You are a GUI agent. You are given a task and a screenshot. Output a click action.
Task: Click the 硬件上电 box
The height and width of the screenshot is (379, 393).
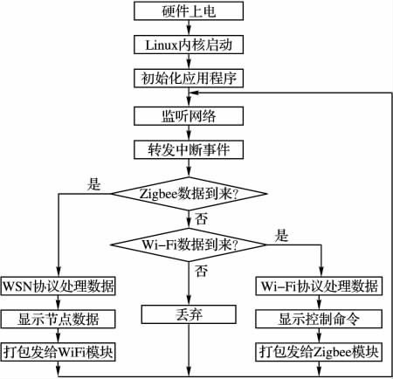pos(189,11)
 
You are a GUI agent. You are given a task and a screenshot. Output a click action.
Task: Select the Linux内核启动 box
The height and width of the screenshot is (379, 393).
pos(189,45)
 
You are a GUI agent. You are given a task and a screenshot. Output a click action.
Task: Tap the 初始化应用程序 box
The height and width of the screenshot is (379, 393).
pos(189,78)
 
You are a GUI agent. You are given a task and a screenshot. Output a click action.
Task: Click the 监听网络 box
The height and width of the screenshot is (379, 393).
pos(189,116)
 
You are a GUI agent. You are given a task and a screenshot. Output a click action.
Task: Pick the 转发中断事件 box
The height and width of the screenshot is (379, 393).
pos(189,149)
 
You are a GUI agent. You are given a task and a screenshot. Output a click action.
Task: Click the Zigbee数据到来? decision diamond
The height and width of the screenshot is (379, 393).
pos(189,194)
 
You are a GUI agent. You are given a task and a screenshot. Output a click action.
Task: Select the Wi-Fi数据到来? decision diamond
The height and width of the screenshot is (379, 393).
pos(189,245)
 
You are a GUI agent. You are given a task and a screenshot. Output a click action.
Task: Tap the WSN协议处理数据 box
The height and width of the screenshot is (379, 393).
pos(59,286)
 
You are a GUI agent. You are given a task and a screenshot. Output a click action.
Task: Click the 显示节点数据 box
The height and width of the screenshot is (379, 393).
pos(59,319)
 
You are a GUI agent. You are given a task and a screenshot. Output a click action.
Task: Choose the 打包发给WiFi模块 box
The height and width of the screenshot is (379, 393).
pos(59,352)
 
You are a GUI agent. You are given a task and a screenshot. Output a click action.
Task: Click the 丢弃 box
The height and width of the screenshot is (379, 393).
pos(189,314)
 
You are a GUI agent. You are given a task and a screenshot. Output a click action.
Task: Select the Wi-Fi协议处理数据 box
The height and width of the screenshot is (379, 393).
pos(319,286)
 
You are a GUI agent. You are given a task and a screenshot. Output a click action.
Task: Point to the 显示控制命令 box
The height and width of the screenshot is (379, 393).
pos(319,319)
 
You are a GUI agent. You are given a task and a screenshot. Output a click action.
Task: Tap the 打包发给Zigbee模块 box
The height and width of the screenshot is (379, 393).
pos(319,352)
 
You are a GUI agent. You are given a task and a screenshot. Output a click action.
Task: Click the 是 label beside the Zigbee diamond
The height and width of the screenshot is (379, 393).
pos(94,184)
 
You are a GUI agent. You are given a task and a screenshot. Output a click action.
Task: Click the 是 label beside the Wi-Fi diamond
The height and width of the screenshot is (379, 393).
pos(281,235)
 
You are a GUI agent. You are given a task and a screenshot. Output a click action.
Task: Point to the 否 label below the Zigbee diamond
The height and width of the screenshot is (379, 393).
pos(202,218)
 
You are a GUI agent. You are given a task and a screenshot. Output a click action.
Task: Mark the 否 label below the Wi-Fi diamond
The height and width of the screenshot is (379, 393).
pos(202,271)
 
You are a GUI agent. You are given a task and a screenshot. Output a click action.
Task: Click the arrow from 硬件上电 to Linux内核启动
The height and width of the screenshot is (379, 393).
pos(189,28)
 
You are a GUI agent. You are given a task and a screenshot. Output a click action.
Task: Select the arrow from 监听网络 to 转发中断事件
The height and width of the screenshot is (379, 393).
pos(189,133)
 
